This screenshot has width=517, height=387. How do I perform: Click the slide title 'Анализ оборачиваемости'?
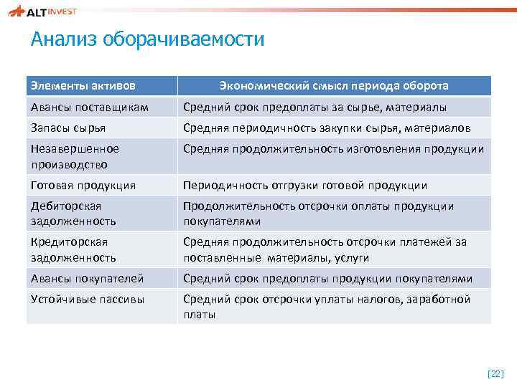[147, 39]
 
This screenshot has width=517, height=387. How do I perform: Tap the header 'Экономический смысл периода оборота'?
[334, 86]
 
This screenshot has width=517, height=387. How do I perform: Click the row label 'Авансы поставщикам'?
[89, 107]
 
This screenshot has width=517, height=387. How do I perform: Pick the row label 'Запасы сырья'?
[68, 128]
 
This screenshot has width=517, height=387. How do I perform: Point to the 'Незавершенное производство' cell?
[75, 156]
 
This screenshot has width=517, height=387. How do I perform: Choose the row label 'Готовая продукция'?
[83, 185]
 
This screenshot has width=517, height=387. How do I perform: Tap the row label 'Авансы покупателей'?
[87, 278]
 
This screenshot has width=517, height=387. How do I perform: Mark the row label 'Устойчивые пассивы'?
[87, 299]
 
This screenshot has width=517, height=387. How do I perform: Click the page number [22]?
[495, 373]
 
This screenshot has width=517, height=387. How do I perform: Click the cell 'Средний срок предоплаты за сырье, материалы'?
[315, 107]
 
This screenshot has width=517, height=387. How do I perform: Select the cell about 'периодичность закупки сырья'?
[327, 128]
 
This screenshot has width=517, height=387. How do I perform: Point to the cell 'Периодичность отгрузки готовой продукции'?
[305, 185]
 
